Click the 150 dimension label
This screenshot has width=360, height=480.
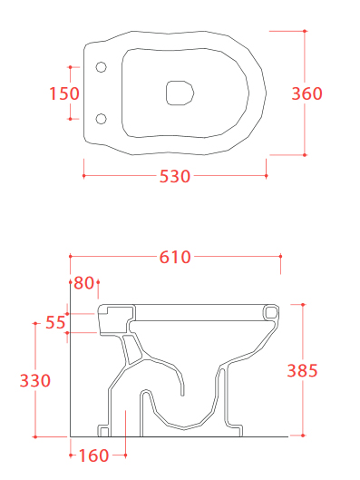[x=64, y=93]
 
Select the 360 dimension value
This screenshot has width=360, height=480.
[x=306, y=93]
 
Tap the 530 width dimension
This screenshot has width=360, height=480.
[x=175, y=176]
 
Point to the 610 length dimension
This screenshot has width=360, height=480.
[x=175, y=257]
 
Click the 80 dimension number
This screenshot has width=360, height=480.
[x=83, y=283]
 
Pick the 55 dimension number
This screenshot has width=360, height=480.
[x=55, y=322]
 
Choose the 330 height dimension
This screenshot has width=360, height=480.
[x=35, y=380]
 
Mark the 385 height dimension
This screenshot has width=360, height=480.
[x=302, y=370]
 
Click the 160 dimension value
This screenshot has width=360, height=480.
[x=93, y=456]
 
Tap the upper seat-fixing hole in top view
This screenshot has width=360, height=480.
[x=102, y=67]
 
